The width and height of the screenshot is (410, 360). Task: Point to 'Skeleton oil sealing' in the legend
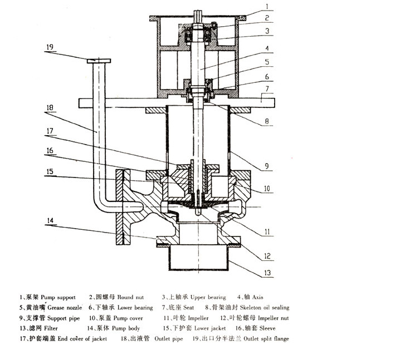pos(262,307)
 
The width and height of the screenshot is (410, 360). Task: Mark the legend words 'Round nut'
pos(132,297)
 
